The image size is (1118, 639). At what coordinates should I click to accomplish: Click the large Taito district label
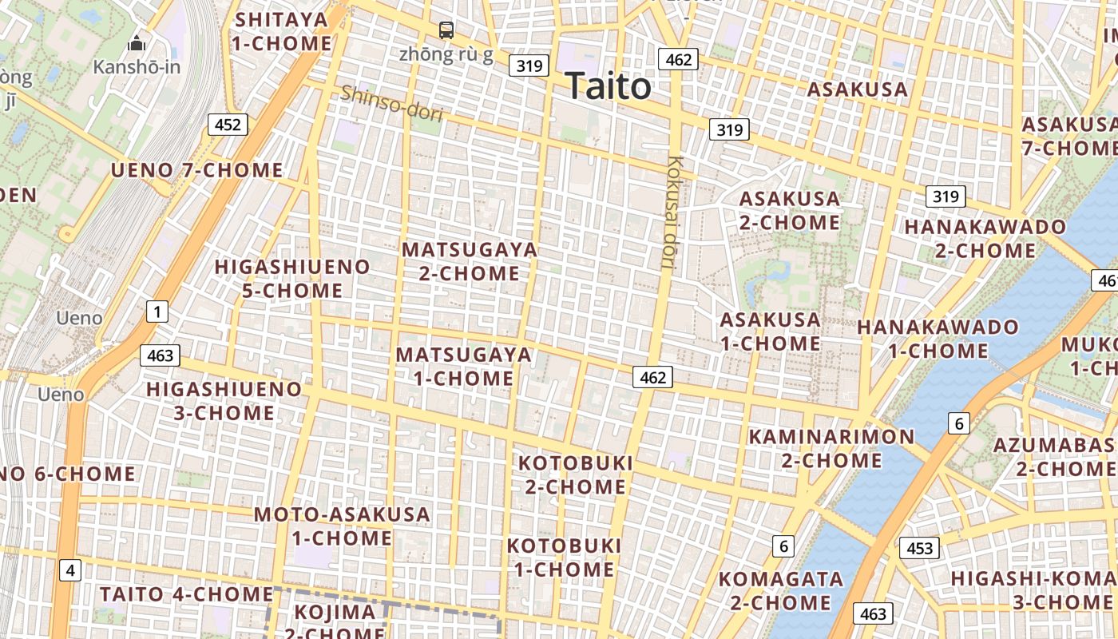(609, 86)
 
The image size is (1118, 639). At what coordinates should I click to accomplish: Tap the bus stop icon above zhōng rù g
(446, 30)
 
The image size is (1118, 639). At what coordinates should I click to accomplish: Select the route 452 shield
(228, 125)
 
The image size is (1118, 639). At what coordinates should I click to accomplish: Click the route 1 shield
(157, 312)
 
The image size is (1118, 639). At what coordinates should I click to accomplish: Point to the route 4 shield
(71, 570)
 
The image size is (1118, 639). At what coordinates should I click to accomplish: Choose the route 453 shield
(919, 548)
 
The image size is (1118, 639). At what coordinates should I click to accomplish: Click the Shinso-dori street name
(391, 104)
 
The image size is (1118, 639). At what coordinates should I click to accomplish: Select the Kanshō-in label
(137, 66)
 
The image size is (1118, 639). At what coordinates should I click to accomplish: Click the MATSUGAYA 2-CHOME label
(470, 261)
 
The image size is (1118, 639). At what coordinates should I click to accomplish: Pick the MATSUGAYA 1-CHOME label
(464, 366)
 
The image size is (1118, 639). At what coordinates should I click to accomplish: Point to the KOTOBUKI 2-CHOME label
(576, 474)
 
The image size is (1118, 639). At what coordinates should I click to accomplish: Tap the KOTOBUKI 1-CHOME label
(564, 558)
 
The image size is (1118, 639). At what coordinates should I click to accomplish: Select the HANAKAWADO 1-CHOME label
(938, 339)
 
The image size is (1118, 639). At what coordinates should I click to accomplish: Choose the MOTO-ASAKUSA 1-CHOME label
(342, 526)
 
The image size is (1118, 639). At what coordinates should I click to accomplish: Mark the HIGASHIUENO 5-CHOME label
(293, 278)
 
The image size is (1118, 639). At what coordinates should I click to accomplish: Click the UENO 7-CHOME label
(196, 170)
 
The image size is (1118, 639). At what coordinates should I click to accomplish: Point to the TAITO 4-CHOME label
(187, 594)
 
